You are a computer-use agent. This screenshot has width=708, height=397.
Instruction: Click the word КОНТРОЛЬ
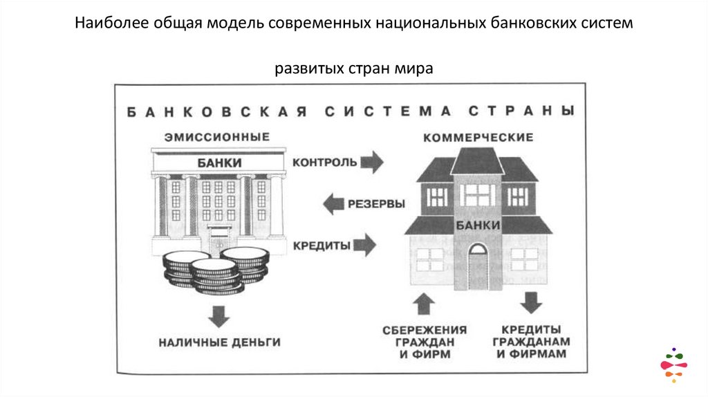tap(324, 163)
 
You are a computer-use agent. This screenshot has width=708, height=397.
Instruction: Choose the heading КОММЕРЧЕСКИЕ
tap(478, 138)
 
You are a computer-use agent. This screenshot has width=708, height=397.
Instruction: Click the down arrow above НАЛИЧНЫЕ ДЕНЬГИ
tap(219, 316)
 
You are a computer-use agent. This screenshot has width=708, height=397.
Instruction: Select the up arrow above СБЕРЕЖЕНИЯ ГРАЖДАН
tap(425, 304)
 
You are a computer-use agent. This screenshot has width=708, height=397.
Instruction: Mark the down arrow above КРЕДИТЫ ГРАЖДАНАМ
tap(530, 303)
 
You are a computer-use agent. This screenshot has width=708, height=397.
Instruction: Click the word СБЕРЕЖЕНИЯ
tap(425, 330)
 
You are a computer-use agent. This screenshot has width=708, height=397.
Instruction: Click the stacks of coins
tap(215, 270)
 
